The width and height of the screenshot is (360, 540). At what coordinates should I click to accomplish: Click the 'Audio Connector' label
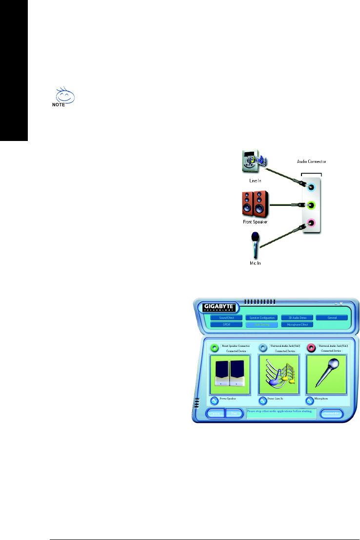(311, 161)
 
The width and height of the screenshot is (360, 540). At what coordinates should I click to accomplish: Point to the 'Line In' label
(255, 180)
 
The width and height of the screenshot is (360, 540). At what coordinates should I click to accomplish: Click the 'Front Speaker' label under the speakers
(255, 222)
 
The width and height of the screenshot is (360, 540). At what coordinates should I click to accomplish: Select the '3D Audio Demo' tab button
(297, 318)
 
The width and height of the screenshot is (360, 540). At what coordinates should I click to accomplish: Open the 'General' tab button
(332, 318)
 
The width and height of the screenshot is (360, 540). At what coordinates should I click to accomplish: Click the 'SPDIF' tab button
(226, 324)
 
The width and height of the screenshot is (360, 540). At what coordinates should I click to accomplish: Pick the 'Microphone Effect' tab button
(297, 324)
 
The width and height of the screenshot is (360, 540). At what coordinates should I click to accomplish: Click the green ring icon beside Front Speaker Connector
(215, 348)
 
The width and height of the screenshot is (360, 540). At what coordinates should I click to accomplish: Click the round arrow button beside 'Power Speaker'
(214, 400)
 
